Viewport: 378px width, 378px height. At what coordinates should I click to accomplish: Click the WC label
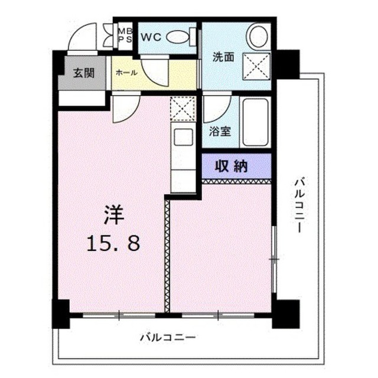151,37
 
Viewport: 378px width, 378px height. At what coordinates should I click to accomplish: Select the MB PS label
125,35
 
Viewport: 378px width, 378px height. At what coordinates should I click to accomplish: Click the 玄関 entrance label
84,73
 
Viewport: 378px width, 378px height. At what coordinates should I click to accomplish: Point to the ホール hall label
126,72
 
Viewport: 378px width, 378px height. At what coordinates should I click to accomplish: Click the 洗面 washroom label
223,57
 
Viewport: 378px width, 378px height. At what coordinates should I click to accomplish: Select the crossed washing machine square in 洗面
256,66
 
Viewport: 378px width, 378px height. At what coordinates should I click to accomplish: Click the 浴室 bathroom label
220,131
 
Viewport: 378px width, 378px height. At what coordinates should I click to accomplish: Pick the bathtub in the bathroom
255,122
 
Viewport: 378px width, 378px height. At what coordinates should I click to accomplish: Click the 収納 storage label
231,166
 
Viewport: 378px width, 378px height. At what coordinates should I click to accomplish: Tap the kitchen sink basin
183,136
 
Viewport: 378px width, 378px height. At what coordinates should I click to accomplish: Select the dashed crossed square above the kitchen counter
183,108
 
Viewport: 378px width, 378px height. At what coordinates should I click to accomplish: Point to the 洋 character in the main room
113,215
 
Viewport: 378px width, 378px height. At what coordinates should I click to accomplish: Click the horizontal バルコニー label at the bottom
168,337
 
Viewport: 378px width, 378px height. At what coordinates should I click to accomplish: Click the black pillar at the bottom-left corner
61,314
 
